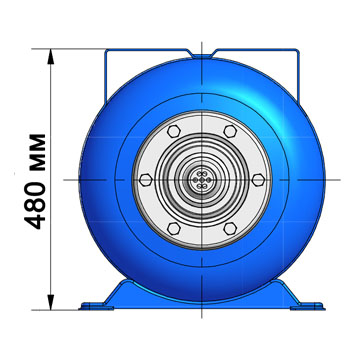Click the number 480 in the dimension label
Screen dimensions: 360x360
coord(35,205)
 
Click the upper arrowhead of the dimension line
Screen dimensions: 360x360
coord(51,56)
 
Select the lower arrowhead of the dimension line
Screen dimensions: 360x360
coord(51,302)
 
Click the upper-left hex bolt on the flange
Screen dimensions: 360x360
coord(174,131)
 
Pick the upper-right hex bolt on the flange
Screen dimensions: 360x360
coord(230,131)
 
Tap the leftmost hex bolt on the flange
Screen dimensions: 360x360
coord(146,180)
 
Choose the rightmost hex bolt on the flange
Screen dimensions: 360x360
coord(258,180)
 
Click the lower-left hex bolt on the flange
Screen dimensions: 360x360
coord(174,229)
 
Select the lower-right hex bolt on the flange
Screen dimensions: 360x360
coord(230,229)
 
